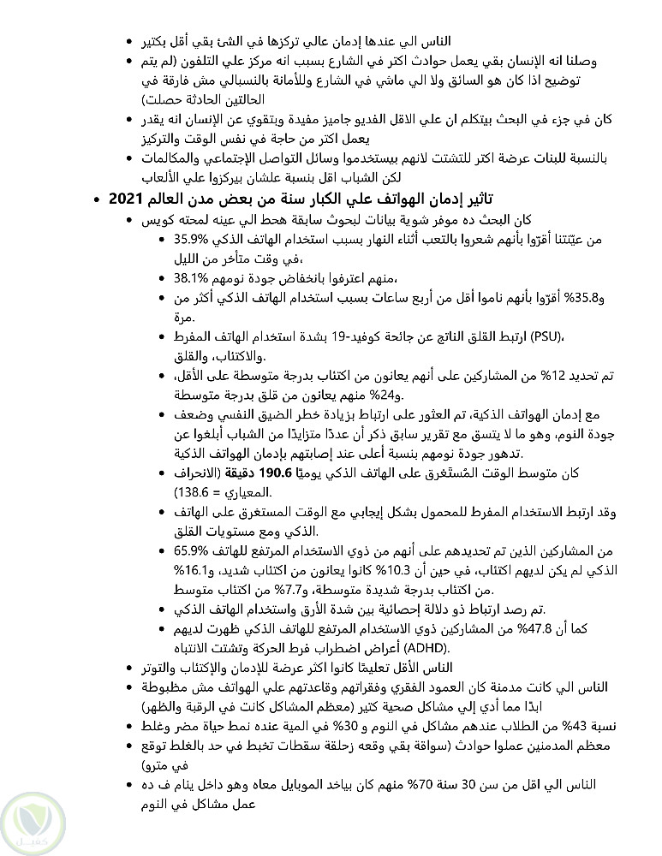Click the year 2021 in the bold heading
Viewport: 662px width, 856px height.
(127, 199)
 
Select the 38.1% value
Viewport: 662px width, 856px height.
(193, 278)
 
